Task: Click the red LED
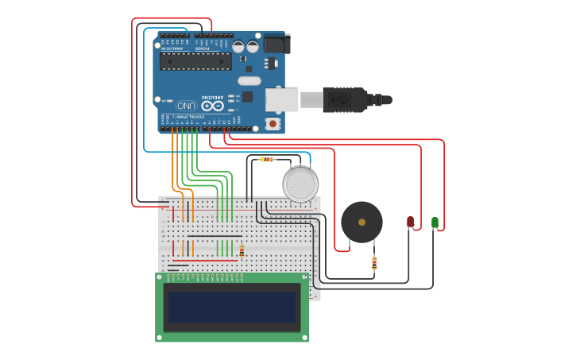point(410,222)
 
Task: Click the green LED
point(435,222)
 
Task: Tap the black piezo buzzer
point(361,222)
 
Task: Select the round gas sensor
point(300,184)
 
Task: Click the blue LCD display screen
point(231,306)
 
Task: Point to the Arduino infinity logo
point(212,105)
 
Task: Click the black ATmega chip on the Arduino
point(195,61)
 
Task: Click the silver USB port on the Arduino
point(281,99)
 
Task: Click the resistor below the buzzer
point(374,263)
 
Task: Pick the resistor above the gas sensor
point(268,160)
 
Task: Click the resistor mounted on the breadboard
point(242,251)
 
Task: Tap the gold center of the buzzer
point(361,222)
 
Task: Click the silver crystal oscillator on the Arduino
point(249,80)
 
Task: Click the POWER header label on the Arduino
point(203,48)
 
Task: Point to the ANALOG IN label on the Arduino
point(172,48)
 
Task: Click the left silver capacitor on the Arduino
point(238,46)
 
